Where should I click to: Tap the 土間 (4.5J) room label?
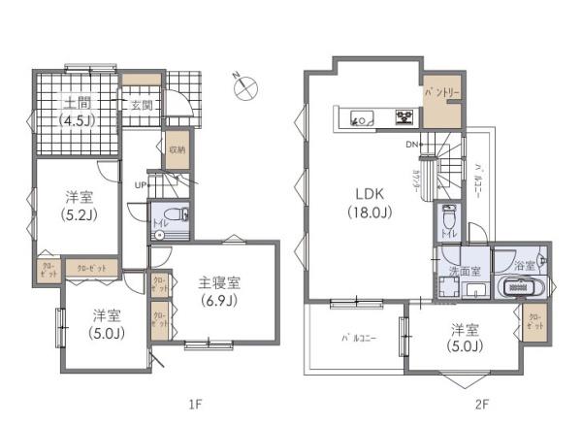tap(76, 113)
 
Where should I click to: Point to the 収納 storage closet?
tap(176, 150)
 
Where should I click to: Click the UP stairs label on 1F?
tap(141, 184)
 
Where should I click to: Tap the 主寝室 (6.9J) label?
tap(220, 290)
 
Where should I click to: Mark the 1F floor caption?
tap(193, 402)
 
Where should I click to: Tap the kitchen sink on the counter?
tap(357, 119)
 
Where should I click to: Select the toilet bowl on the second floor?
tap(448, 217)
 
